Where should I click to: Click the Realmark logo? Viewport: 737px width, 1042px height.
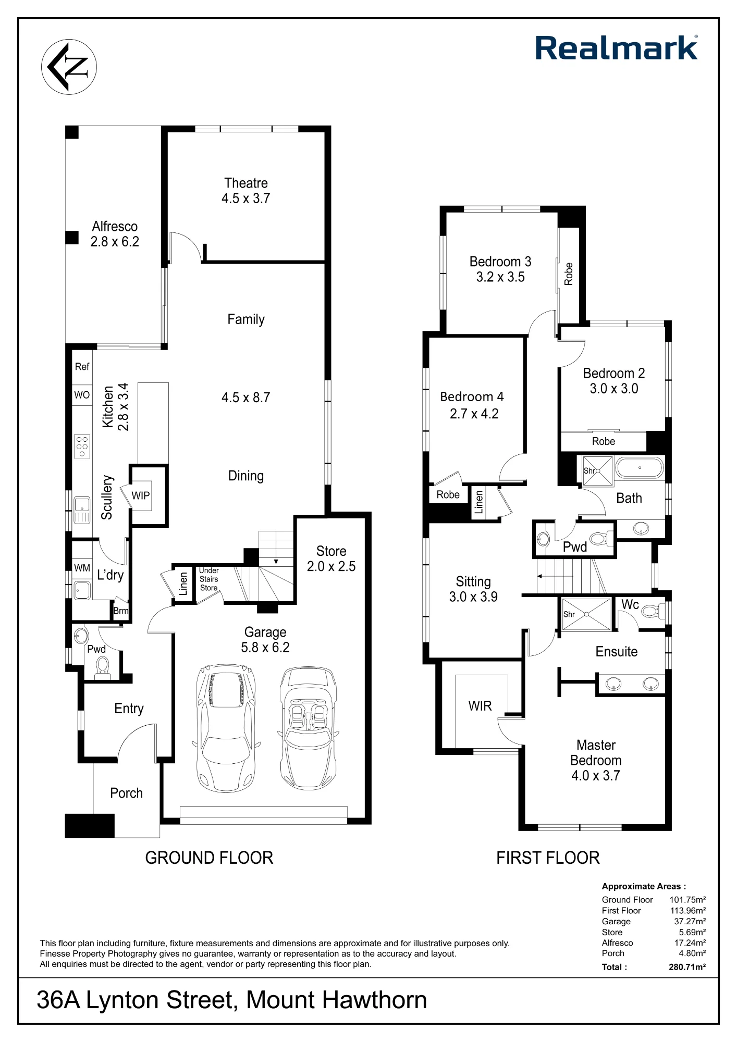(x=617, y=48)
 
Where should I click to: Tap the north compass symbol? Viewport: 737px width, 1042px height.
(x=69, y=67)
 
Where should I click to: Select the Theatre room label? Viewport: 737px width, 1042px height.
(x=246, y=183)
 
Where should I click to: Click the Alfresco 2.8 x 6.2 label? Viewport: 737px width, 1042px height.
(x=115, y=234)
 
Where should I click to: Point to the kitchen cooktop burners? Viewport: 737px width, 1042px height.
(x=82, y=446)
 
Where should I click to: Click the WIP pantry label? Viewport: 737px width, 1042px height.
(x=141, y=495)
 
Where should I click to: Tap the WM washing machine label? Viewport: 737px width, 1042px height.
(x=82, y=568)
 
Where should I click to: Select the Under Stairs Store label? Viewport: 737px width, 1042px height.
(x=208, y=579)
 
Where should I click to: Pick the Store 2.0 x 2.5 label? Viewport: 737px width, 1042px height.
(x=331, y=559)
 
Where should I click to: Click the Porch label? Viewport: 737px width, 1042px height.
(x=126, y=793)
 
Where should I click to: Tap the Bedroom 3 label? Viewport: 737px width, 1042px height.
(x=500, y=262)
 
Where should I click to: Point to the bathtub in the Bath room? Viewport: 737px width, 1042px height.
(x=640, y=468)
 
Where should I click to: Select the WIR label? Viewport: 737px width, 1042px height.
(x=480, y=706)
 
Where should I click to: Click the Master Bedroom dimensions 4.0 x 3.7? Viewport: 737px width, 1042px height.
(x=596, y=776)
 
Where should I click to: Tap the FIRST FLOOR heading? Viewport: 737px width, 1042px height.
(x=548, y=858)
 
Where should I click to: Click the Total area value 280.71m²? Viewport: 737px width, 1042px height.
(x=687, y=967)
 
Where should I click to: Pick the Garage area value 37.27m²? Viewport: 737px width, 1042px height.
(x=690, y=921)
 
